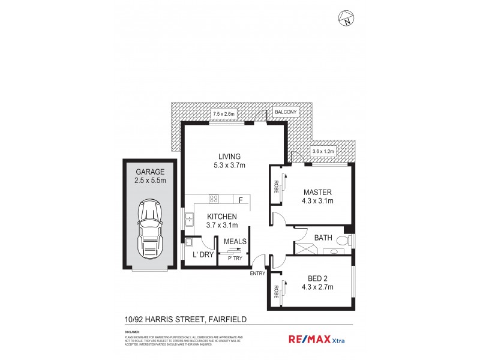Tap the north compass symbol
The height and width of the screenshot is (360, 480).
[x=347, y=20]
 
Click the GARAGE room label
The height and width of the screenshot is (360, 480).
[x=150, y=172]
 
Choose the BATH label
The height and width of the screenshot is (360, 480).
[x=324, y=238]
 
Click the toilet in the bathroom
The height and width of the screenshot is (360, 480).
[x=343, y=241]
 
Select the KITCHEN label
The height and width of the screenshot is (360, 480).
[x=222, y=217]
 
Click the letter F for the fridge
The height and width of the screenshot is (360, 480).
[x=240, y=200]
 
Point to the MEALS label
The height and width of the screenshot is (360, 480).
[x=234, y=242]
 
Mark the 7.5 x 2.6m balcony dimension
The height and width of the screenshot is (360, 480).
[x=223, y=113]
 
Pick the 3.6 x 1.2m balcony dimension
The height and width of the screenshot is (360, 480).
[x=323, y=152]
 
